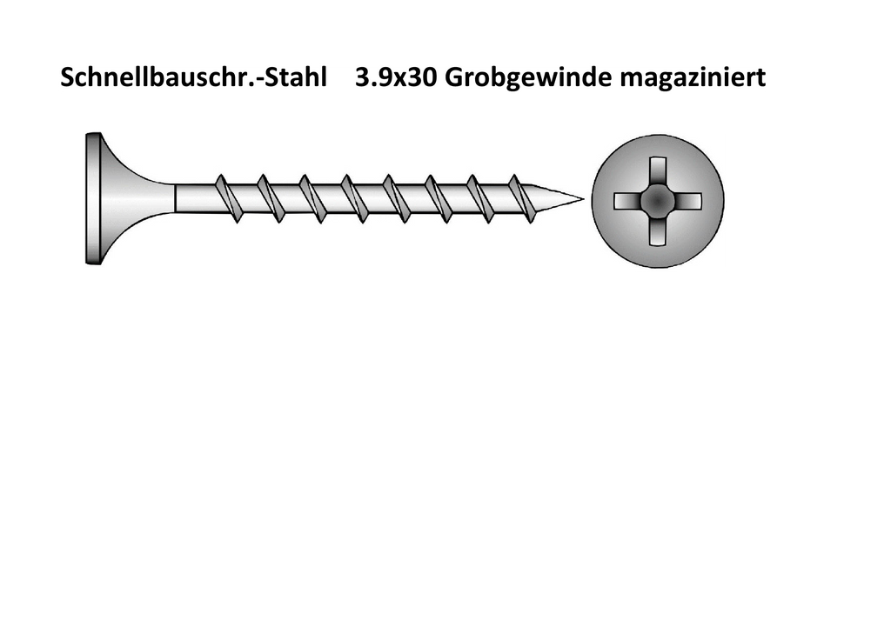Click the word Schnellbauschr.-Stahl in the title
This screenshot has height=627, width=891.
click(x=194, y=77)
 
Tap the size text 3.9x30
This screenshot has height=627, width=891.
click(x=396, y=77)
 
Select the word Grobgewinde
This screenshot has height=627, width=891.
click(x=528, y=77)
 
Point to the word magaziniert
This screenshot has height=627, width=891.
click(x=693, y=77)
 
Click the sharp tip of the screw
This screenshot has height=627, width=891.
click(x=584, y=199)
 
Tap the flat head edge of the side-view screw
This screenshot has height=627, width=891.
click(x=93, y=198)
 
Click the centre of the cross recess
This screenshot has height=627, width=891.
click(x=658, y=201)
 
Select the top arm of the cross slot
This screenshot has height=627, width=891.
click(x=658, y=170)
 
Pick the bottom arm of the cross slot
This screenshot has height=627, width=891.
click(x=658, y=231)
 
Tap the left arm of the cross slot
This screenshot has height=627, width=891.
click(x=627, y=201)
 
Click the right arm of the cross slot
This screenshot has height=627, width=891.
click(x=687, y=201)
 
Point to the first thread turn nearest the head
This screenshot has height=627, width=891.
click(x=227, y=198)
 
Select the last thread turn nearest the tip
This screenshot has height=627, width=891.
click(x=522, y=198)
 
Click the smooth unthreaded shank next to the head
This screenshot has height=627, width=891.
click(x=193, y=198)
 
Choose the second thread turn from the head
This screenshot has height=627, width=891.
click(x=270, y=198)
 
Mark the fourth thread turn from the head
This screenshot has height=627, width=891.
click(x=353, y=198)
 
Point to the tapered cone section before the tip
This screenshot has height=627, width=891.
click(x=554, y=199)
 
